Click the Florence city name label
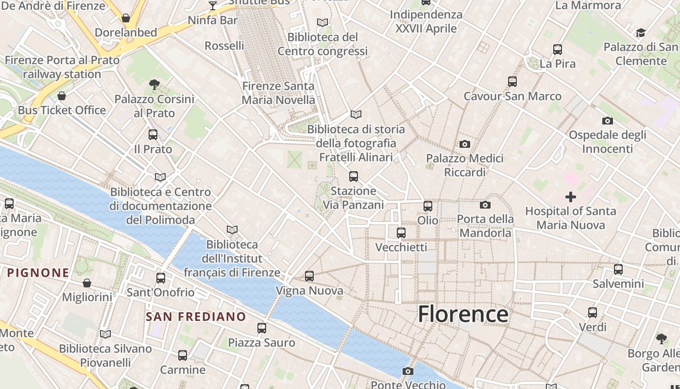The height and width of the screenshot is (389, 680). coord(463,314)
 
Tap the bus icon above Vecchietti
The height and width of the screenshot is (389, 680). coord(401,233)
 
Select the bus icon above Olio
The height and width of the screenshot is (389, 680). coord(428,206)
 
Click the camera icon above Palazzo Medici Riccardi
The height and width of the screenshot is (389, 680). coord(465,144)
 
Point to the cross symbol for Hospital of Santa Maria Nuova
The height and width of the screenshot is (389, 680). coord(571,197)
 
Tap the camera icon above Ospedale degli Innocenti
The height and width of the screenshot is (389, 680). coord(607,121)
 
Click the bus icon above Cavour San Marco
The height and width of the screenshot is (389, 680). coord(512,82)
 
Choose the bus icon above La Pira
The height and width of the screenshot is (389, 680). coord(558,49)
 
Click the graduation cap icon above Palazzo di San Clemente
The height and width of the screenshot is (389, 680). coord(641,33)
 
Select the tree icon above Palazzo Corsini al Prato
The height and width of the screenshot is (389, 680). coord(154,85)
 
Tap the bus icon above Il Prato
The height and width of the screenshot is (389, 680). coord(153,135)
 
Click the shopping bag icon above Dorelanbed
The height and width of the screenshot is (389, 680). coord(126,18)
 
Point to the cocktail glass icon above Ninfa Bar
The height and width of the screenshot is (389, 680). coord(212,6)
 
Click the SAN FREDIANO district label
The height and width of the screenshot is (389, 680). coord(196,317)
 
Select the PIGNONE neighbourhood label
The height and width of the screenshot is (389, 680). coord(38,272)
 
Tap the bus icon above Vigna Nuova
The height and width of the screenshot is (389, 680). coord(309,276)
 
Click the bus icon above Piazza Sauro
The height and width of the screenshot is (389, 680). coord(262,328)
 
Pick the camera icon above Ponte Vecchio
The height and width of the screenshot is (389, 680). coord(408,371)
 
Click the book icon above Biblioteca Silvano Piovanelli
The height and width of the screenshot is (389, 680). coord(105,334)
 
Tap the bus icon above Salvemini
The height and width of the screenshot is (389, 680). coord(618,269)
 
